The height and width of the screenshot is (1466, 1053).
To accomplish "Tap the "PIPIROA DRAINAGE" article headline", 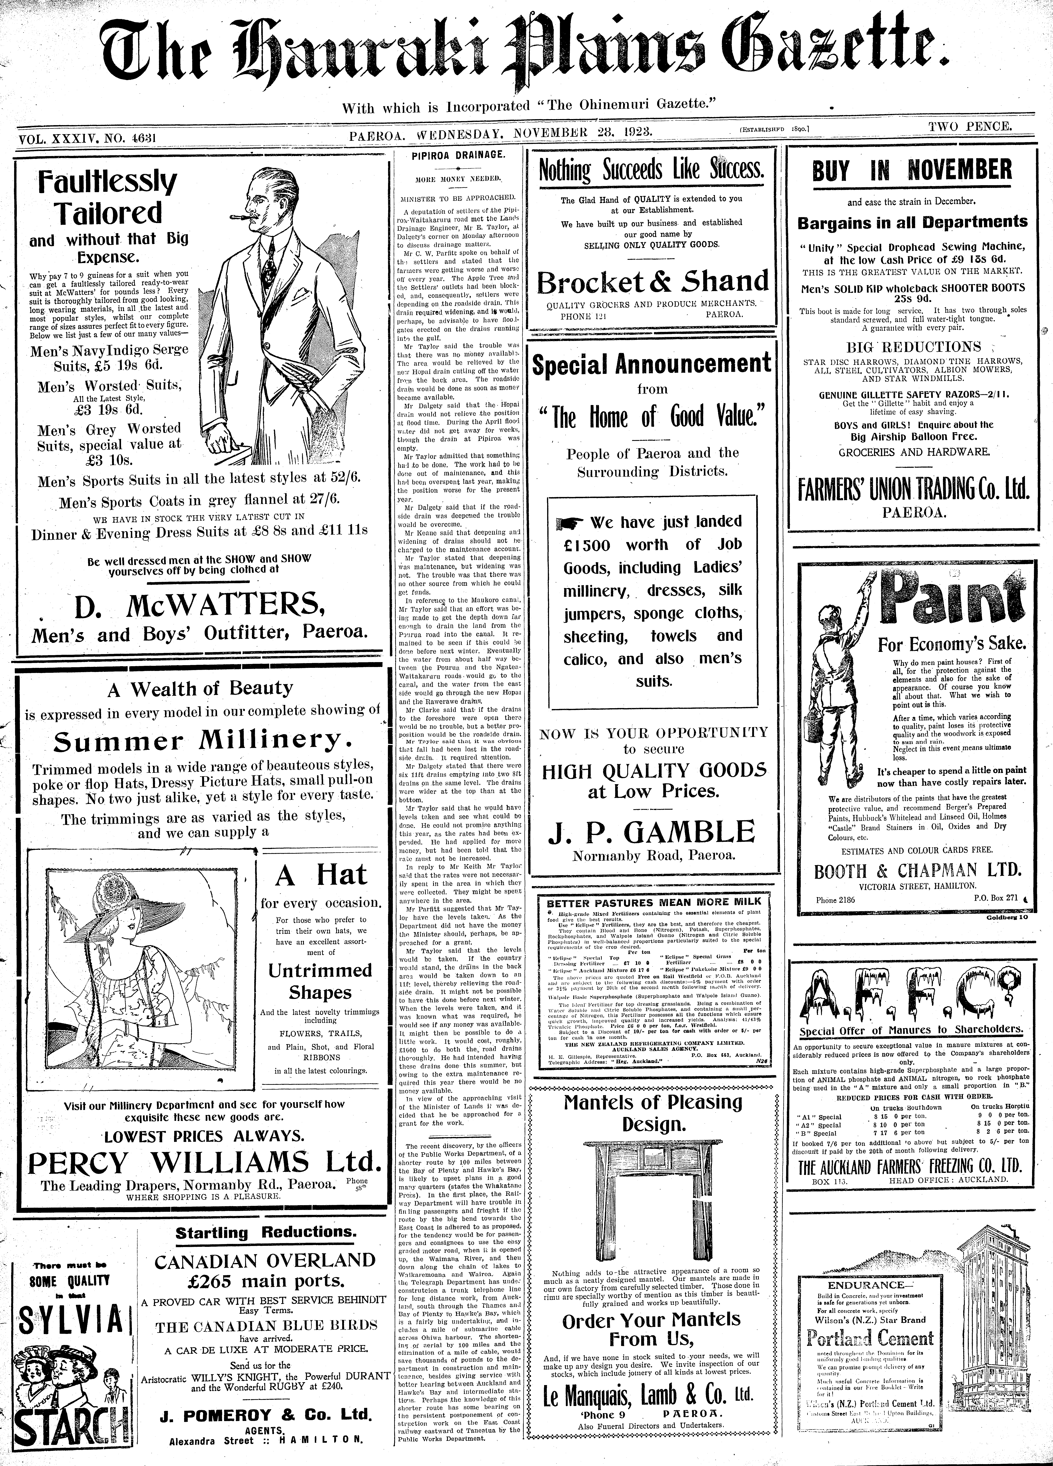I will point(459,156).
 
